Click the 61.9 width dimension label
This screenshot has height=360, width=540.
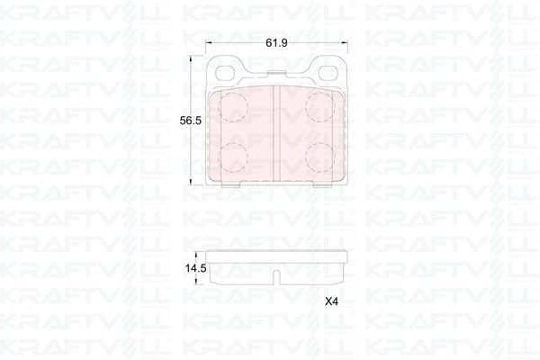(x=275, y=41)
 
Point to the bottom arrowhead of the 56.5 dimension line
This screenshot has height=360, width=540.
(x=191, y=183)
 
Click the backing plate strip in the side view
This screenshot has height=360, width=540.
(x=275, y=255)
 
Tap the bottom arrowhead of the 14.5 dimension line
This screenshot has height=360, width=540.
(x=191, y=282)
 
